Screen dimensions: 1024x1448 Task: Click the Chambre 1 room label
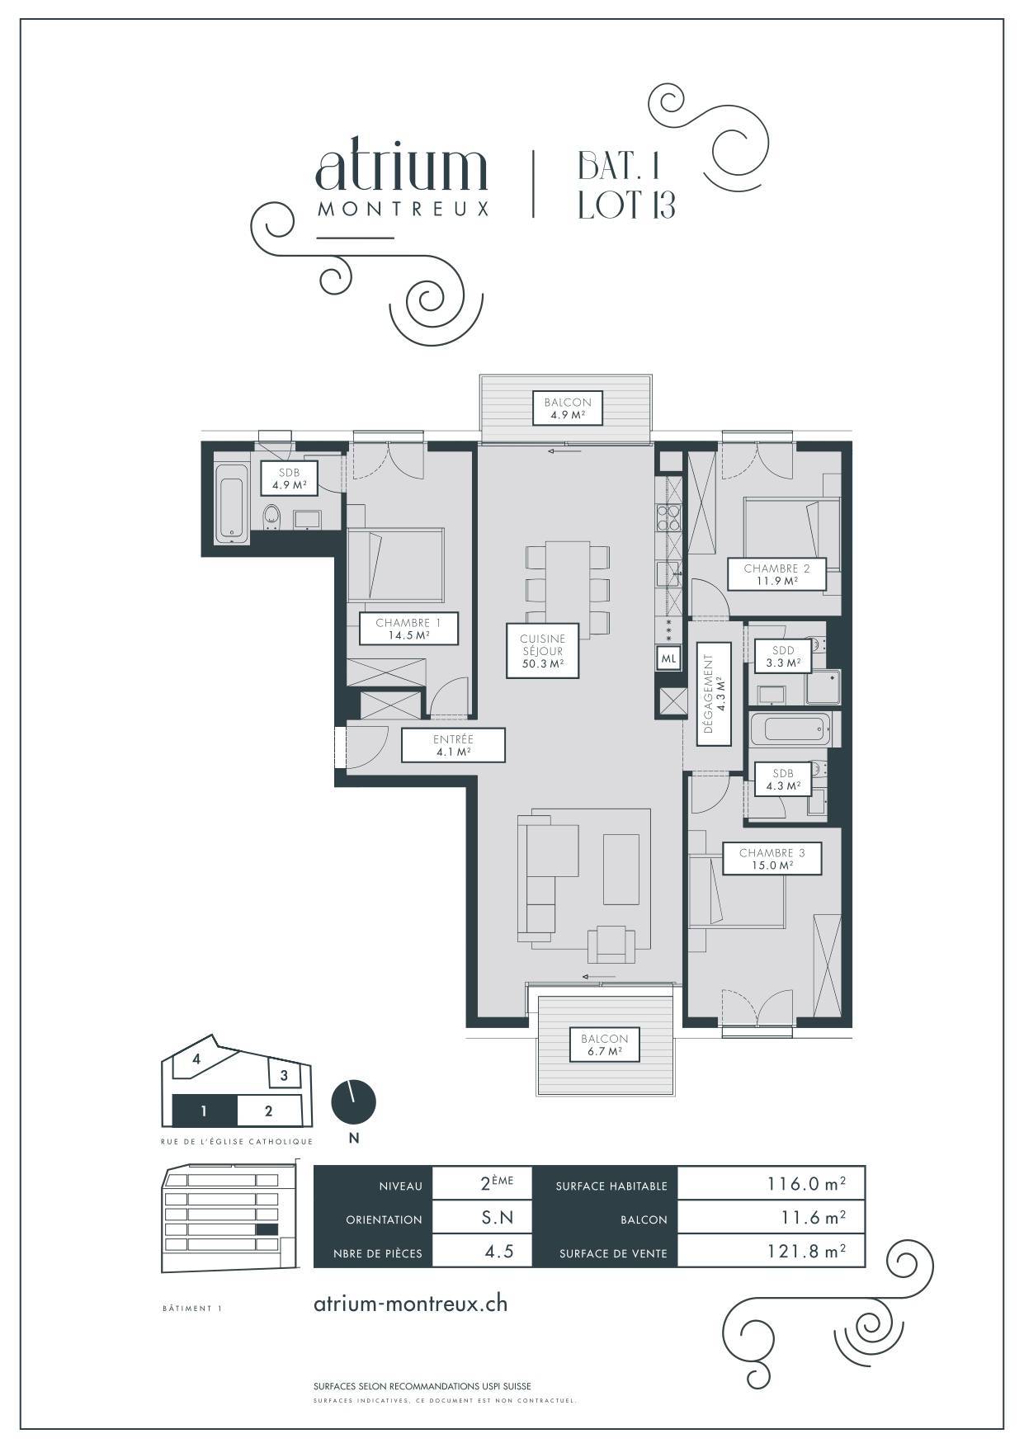tap(408, 630)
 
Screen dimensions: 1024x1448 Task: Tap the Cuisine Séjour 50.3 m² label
tap(542, 650)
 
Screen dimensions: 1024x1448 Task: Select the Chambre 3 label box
tap(772, 858)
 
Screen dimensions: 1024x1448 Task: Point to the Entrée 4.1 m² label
tap(453, 745)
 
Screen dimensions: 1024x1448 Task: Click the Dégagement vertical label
tap(713, 693)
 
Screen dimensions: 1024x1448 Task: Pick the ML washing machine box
tap(668, 658)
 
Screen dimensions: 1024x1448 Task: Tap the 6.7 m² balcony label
tap(604, 1045)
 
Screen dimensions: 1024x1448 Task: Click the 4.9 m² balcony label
tap(567, 408)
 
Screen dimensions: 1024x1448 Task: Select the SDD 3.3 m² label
tap(783, 657)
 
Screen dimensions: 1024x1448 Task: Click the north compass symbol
tap(353, 1101)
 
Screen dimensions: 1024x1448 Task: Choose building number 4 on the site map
tap(196, 1059)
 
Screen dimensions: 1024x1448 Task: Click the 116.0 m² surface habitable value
tap(806, 1184)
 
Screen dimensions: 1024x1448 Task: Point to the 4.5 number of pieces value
tap(499, 1252)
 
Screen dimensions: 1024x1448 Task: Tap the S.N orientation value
tap(498, 1218)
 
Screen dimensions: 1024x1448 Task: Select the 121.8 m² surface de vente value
tap(806, 1251)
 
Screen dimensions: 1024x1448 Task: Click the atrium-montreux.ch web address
tap(411, 1304)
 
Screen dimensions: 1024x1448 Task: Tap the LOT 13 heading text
tap(627, 205)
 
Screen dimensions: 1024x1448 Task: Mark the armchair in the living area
tap(611, 944)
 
